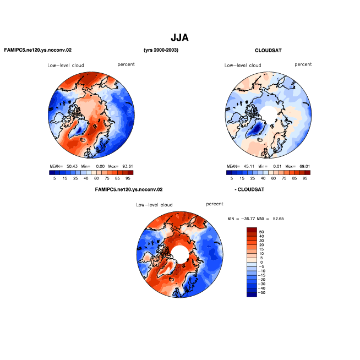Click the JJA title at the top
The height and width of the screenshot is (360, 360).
tap(180, 37)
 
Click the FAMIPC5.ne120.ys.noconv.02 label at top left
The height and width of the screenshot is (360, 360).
tap(38, 50)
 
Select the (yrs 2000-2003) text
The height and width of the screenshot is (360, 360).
tap(161, 50)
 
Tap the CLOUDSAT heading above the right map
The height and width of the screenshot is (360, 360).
tap(268, 51)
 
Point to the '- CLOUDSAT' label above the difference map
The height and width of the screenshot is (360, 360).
tap(249, 190)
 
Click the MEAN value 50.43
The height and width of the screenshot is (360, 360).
tap(72, 166)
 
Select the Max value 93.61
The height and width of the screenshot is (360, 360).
tap(128, 166)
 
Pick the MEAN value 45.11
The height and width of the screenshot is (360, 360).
tap(249, 166)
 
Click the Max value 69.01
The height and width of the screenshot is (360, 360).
tap(304, 166)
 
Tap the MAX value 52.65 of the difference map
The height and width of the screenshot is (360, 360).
tap(279, 219)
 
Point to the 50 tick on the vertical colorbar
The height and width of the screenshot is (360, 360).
tap(261, 232)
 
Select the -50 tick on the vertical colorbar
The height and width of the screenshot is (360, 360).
tap(261, 293)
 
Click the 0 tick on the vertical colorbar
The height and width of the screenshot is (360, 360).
tap(261, 263)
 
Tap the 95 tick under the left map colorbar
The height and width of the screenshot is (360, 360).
tap(128, 178)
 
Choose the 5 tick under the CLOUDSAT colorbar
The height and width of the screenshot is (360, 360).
tap(232, 178)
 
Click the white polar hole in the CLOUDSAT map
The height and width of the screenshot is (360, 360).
tap(269, 113)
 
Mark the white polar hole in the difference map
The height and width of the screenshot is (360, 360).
tap(180, 254)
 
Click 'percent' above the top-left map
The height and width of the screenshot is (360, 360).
tap(126, 64)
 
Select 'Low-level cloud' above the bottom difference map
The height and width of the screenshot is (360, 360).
tap(154, 205)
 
